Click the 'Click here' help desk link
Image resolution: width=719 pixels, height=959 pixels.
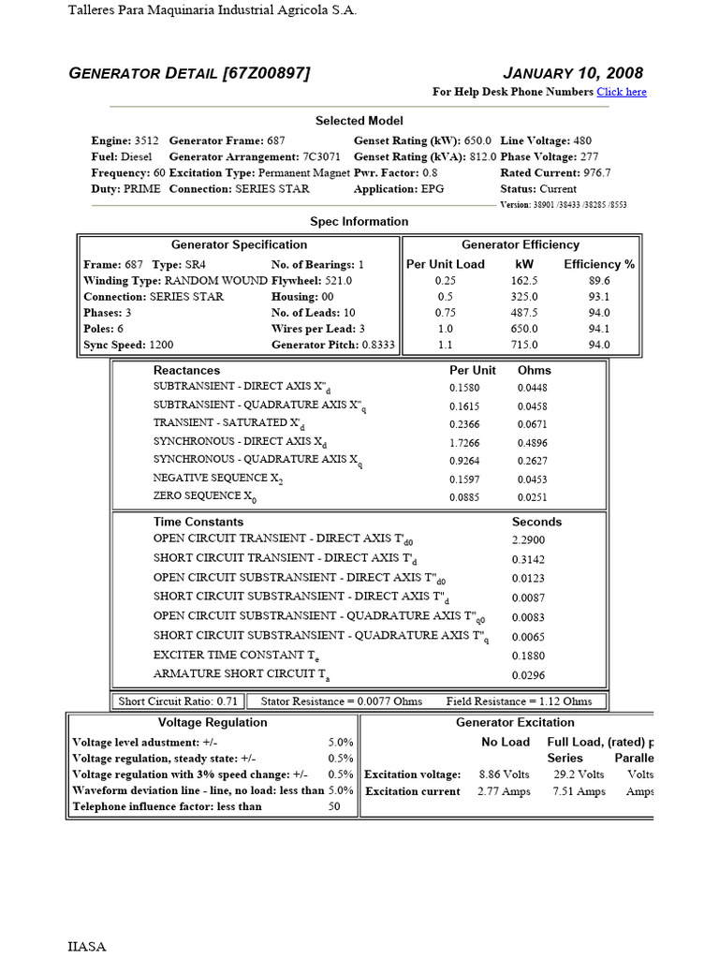coord(622,92)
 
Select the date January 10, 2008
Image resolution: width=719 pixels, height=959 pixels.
coord(573,73)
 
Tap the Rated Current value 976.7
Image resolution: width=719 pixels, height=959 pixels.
coord(594,172)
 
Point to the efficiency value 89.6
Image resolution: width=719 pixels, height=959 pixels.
coord(598,280)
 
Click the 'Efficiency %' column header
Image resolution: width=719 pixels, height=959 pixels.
coord(598,264)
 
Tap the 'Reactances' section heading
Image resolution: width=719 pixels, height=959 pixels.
coord(186,370)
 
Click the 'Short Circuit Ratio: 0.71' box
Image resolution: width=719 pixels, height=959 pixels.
coord(178,701)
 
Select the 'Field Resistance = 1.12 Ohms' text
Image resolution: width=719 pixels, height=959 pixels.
coord(519,701)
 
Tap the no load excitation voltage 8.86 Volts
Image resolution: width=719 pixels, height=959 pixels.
coord(504,775)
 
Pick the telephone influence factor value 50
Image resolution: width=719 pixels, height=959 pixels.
coord(334,806)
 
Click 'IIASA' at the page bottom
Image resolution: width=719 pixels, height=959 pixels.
coord(87,946)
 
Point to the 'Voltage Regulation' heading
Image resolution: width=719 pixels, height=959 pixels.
coord(213,722)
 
